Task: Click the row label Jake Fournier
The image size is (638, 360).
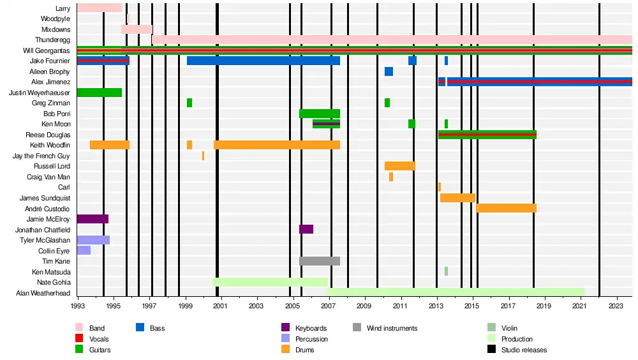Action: [x=50, y=61]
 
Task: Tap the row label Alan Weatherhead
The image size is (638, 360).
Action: [x=43, y=293]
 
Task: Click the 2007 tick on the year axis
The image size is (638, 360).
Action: [x=329, y=306]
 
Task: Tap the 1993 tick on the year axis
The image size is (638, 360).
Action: [x=78, y=306]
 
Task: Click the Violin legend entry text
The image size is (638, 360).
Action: [x=510, y=328]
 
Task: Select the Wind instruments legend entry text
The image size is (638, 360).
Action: [x=392, y=328]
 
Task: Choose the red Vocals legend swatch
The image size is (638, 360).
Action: [x=79, y=339]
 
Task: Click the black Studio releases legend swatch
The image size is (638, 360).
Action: [x=491, y=350]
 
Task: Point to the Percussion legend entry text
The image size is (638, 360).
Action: [x=311, y=339]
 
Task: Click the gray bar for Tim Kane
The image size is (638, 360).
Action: [x=319, y=261]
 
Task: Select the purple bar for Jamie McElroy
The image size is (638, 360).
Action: [x=93, y=219]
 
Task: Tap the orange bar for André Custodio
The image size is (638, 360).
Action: [x=506, y=208]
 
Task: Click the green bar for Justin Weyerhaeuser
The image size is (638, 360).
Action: [x=99, y=93]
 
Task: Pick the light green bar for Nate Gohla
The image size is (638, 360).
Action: [x=270, y=282]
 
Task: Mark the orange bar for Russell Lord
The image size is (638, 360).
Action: [x=399, y=166]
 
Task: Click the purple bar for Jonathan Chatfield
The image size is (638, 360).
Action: [x=306, y=229]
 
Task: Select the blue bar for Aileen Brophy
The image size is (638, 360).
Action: [x=389, y=71]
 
